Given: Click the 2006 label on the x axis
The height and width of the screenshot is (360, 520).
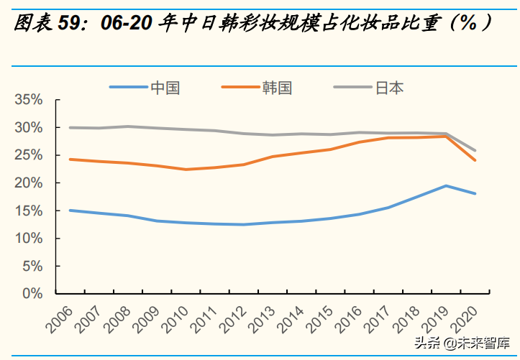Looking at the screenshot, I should pyautogui.click(x=60, y=317).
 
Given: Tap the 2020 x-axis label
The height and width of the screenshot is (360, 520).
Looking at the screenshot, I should pyautogui.click(x=471, y=317).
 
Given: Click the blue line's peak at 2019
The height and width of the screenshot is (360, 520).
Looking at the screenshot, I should pyautogui.click(x=446, y=186).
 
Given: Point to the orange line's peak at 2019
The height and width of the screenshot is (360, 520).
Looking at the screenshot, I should pyautogui.click(x=446, y=136).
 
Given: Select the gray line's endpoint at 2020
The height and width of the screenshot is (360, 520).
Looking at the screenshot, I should pyautogui.click(x=475, y=151).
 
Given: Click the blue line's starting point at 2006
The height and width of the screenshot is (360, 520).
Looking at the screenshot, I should pyautogui.click(x=70, y=211).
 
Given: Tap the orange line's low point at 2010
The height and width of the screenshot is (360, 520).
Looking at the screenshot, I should pyautogui.click(x=186, y=170).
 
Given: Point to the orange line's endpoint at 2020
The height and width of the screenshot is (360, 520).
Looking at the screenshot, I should pyautogui.click(x=475, y=160).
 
